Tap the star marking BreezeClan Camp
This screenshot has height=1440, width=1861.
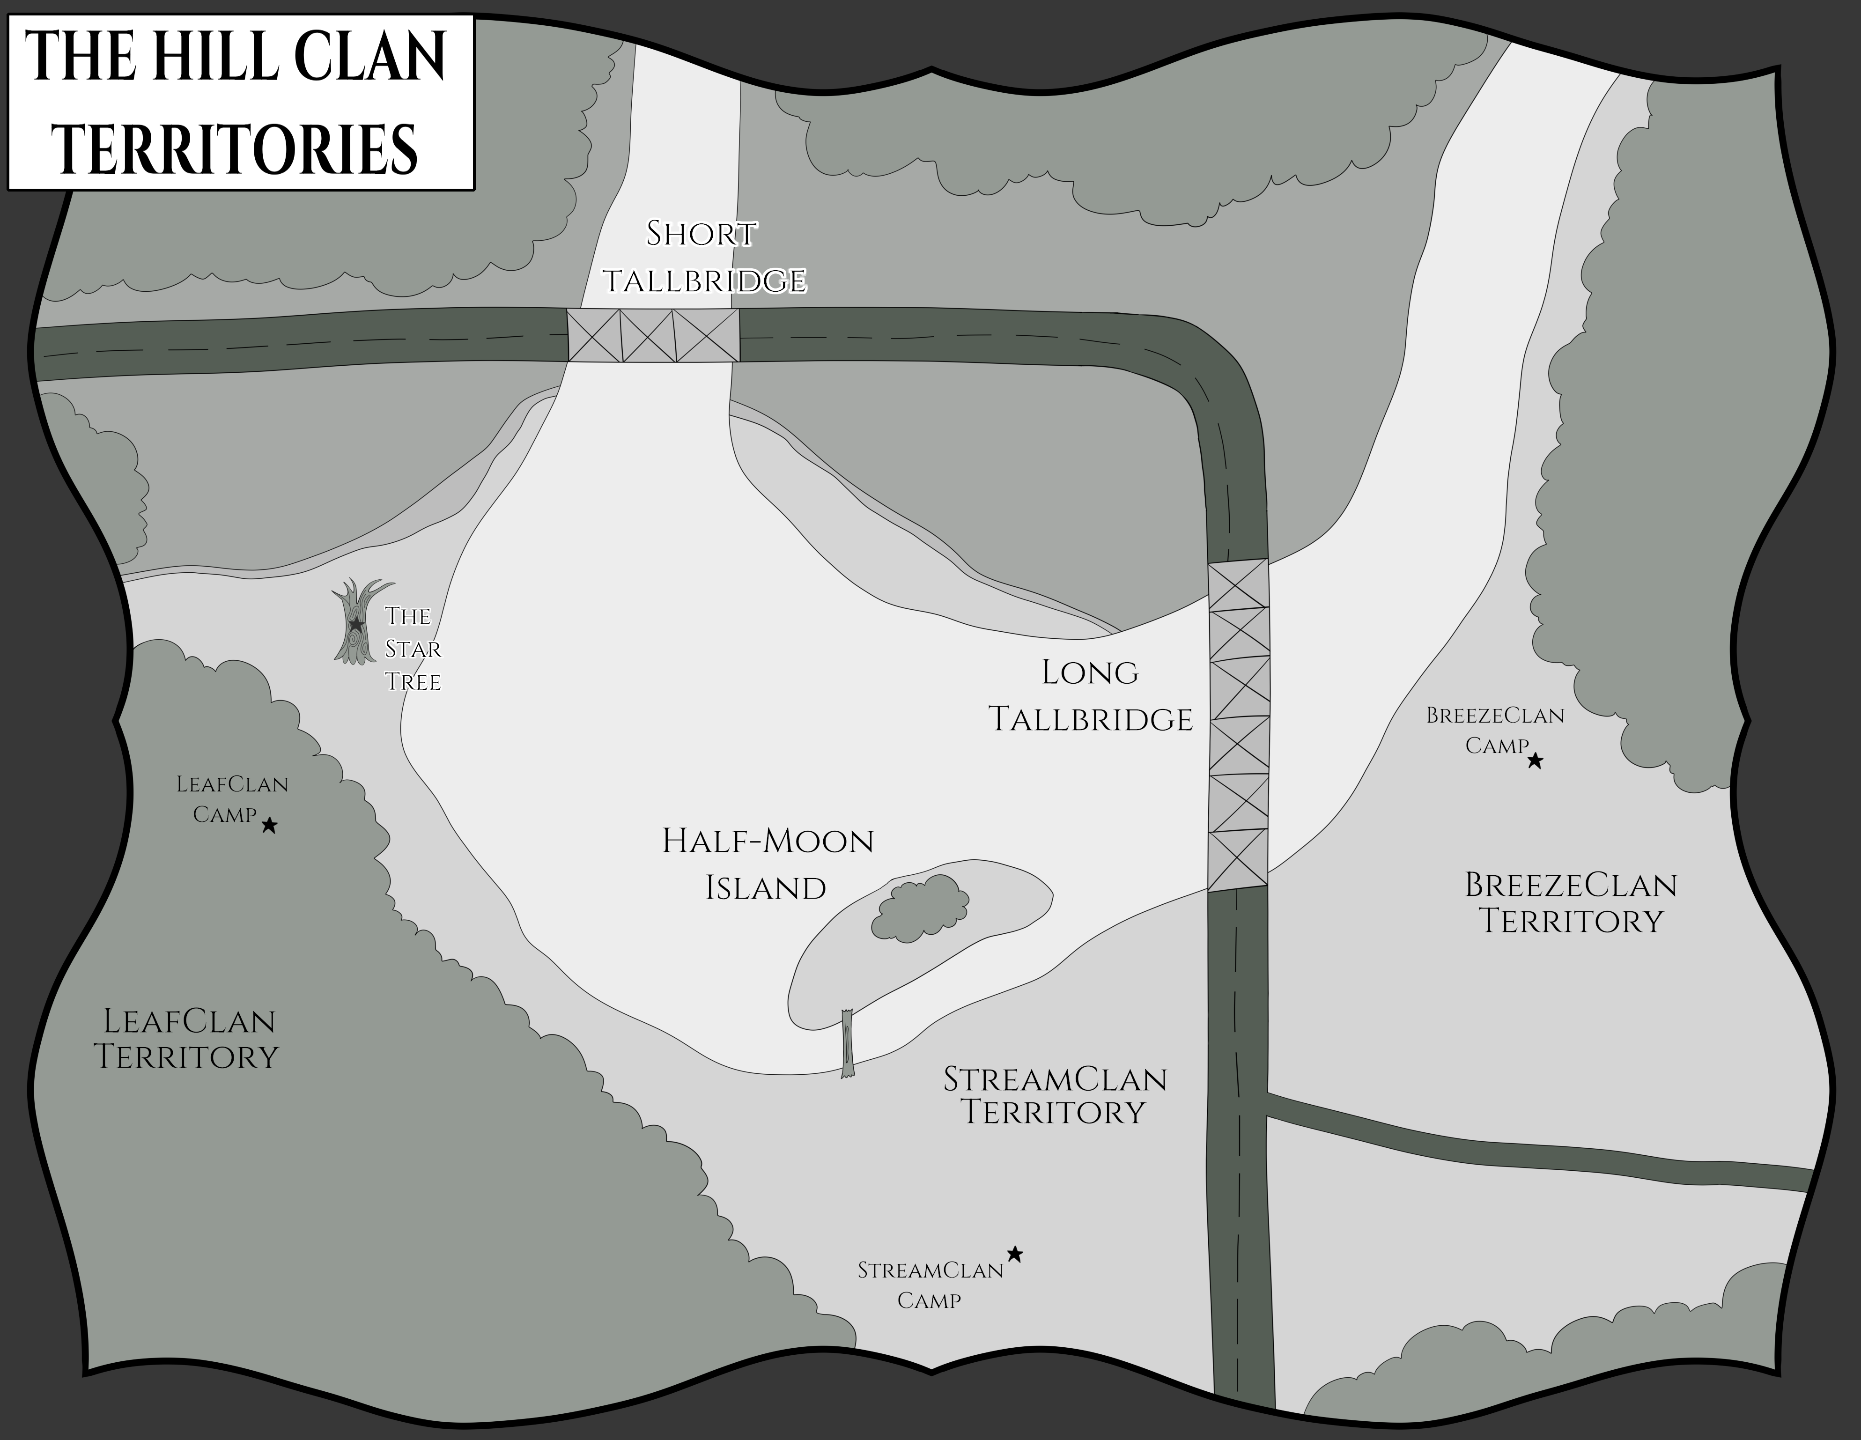[x=1535, y=761]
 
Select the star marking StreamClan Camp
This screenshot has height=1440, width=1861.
[x=1015, y=1254]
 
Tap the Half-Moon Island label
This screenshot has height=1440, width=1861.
[x=767, y=864]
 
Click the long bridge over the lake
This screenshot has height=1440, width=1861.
[x=1238, y=724]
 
